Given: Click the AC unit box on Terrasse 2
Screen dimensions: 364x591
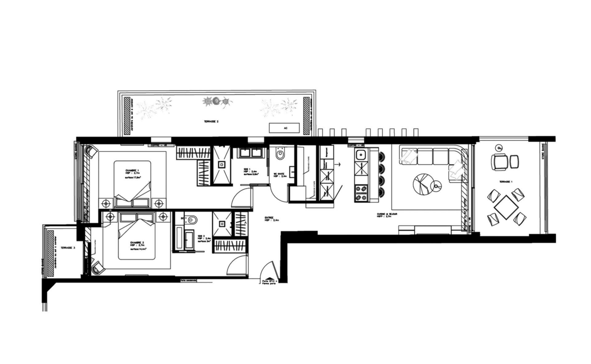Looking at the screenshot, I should point(285,128).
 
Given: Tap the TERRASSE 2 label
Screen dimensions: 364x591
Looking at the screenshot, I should point(211,122).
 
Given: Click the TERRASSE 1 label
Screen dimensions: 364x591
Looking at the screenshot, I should point(506,182).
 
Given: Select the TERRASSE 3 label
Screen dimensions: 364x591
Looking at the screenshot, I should point(68,248).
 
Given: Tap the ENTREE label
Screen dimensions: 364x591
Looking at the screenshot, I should point(271,218).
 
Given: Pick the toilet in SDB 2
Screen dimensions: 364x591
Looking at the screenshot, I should point(192,220).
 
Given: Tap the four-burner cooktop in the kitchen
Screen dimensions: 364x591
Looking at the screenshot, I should point(361,192).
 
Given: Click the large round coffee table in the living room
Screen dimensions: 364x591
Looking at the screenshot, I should point(423,184).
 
